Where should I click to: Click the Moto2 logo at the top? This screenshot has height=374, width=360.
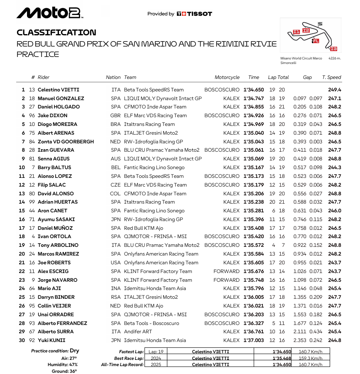pos(49,13)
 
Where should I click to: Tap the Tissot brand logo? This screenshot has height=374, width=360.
pos(194,14)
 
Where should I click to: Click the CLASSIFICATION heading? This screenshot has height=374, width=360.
pos(56,32)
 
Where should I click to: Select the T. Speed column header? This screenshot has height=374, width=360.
pos(331,77)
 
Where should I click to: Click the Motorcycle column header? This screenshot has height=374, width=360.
pos(227,77)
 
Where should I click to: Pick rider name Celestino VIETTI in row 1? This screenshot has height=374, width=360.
pos(59,90)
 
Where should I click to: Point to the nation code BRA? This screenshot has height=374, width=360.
pos(116,124)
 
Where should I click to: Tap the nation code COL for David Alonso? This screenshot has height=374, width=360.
pos(116,194)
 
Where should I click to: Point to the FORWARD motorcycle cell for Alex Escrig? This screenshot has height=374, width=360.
pos(227,271)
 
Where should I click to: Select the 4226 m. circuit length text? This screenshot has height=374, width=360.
pos(334,59)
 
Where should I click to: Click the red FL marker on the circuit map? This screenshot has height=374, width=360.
pos(316,41)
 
